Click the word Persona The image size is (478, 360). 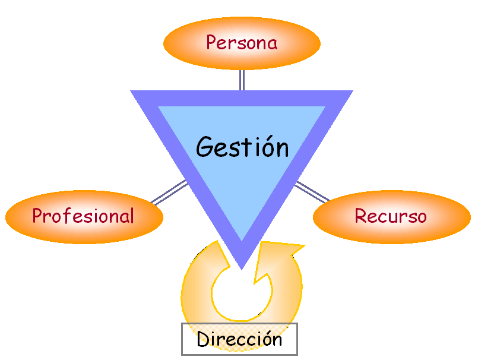point(242,43)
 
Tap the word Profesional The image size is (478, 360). point(83,216)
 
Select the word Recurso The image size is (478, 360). point(390,216)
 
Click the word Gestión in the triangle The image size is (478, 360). point(242,146)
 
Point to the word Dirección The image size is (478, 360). point(239,339)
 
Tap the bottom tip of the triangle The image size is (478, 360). point(242,266)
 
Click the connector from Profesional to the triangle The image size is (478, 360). point(169,192)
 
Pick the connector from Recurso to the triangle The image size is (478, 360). point(312,191)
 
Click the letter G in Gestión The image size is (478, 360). point(205,146)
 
